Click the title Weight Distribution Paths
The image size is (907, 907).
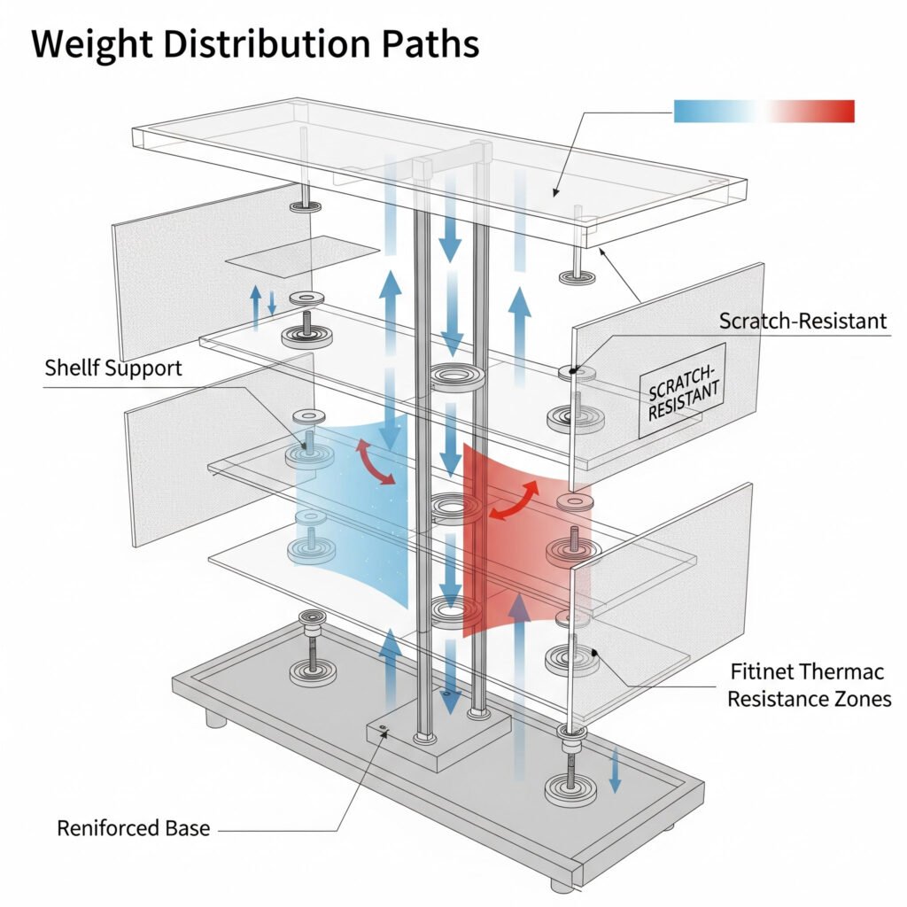click(x=255, y=44)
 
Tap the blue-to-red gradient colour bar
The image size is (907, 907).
click(x=764, y=111)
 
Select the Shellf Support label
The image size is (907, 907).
click(x=113, y=368)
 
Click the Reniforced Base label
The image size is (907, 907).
click(x=134, y=829)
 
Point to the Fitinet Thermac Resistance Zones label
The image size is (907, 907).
click(x=809, y=685)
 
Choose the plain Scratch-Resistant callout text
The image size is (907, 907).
click(x=802, y=321)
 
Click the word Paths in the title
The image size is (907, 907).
click(x=424, y=44)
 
